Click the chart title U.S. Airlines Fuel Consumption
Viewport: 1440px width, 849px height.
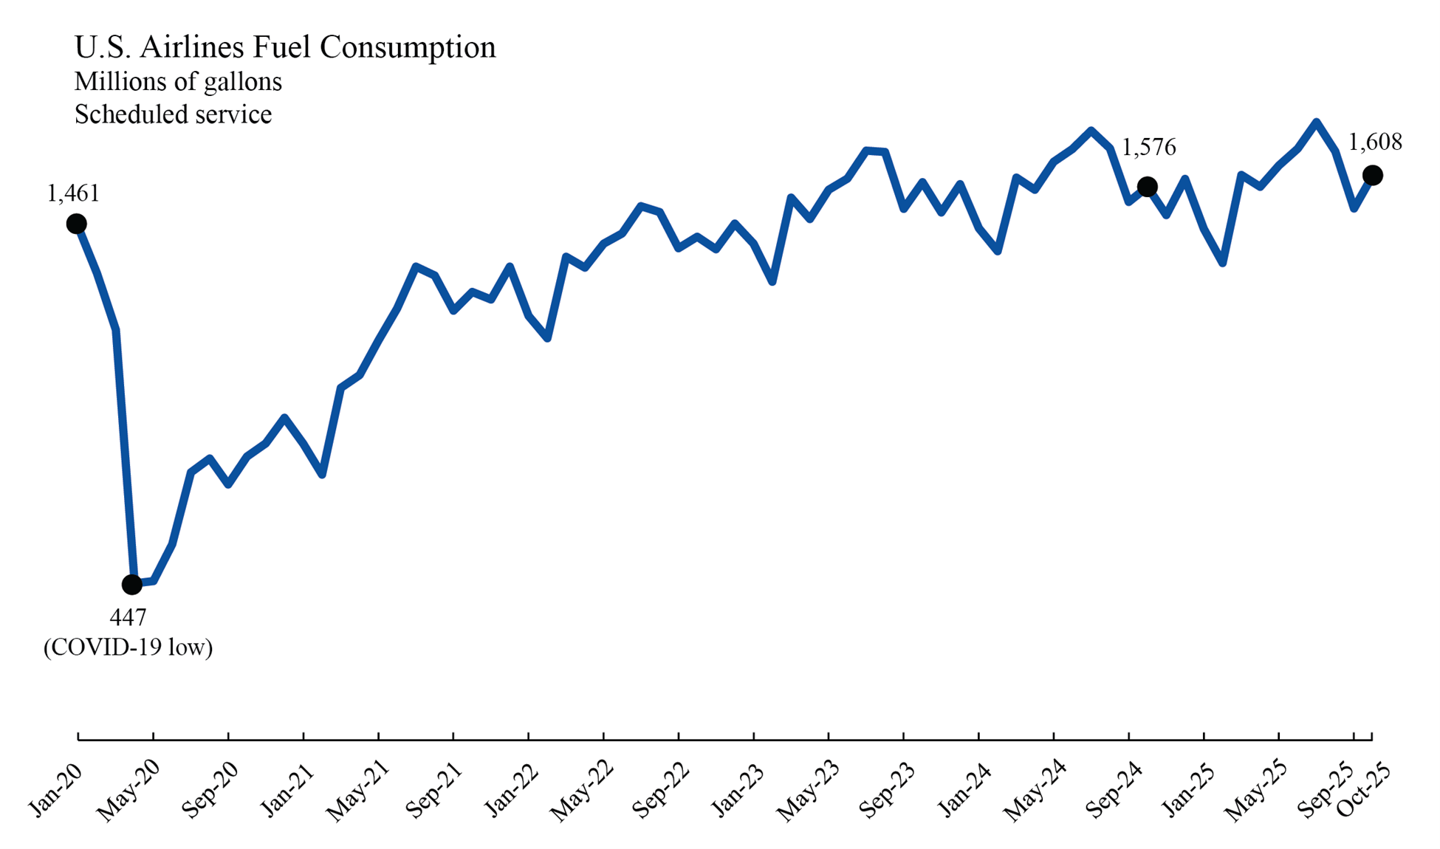click(285, 47)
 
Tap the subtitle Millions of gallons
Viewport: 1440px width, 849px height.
click(178, 81)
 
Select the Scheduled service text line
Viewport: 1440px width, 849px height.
click(173, 114)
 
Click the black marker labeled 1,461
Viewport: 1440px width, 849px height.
click(76, 224)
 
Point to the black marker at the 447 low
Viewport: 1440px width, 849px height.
click(131, 585)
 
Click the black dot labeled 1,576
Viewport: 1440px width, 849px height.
click(1147, 187)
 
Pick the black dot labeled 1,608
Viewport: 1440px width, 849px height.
click(1372, 175)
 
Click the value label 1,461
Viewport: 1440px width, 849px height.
click(72, 193)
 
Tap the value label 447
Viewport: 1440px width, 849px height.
click(128, 617)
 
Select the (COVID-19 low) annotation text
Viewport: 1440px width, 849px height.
click(128, 647)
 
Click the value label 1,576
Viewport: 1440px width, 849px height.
click(1148, 148)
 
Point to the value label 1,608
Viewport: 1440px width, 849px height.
click(1375, 142)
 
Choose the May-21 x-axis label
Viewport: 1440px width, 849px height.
click(356, 792)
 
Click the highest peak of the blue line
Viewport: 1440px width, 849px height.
click(1316, 123)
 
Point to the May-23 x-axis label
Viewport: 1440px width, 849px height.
click(807, 792)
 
